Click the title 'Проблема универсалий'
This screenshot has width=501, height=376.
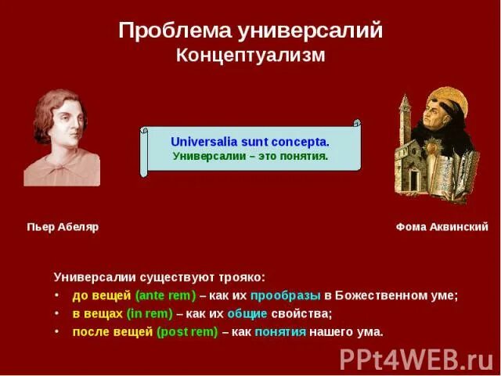(x=250, y=31)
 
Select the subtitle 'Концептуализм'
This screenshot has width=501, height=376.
(x=250, y=56)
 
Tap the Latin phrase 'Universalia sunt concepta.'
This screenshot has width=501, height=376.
(x=250, y=142)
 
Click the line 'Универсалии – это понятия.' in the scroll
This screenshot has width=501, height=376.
(x=250, y=156)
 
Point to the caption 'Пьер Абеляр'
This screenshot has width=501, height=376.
(x=63, y=227)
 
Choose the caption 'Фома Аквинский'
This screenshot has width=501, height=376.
(x=442, y=227)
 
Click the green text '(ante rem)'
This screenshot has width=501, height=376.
(x=165, y=295)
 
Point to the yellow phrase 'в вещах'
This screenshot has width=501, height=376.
(x=98, y=313)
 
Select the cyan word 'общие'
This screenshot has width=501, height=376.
(x=247, y=313)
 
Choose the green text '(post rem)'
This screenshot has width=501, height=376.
(x=187, y=331)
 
